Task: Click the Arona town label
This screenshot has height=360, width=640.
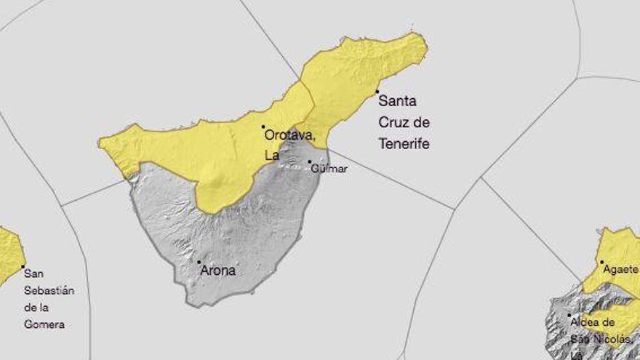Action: (218, 271)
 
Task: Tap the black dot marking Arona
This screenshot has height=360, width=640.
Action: (199, 262)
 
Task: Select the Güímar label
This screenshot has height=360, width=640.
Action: (329, 169)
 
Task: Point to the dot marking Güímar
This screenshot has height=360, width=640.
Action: (309, 161)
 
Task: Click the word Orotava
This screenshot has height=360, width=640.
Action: (289, 135)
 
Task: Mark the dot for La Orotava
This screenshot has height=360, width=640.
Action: (263, 127)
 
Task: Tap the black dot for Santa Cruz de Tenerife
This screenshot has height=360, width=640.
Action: (377, 92)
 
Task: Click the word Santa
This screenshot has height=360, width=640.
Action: (397, 101)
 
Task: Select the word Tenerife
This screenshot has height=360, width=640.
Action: (404, 144)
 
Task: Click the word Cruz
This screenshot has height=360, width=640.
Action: (394, 122)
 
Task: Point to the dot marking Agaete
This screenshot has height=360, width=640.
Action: (601, 262)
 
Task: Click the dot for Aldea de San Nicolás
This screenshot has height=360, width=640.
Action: (569, 315)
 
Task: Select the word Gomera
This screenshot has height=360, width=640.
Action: (44, 325)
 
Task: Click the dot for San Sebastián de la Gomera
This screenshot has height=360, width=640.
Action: (23, 266)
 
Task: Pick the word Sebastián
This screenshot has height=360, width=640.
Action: (49, 291)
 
